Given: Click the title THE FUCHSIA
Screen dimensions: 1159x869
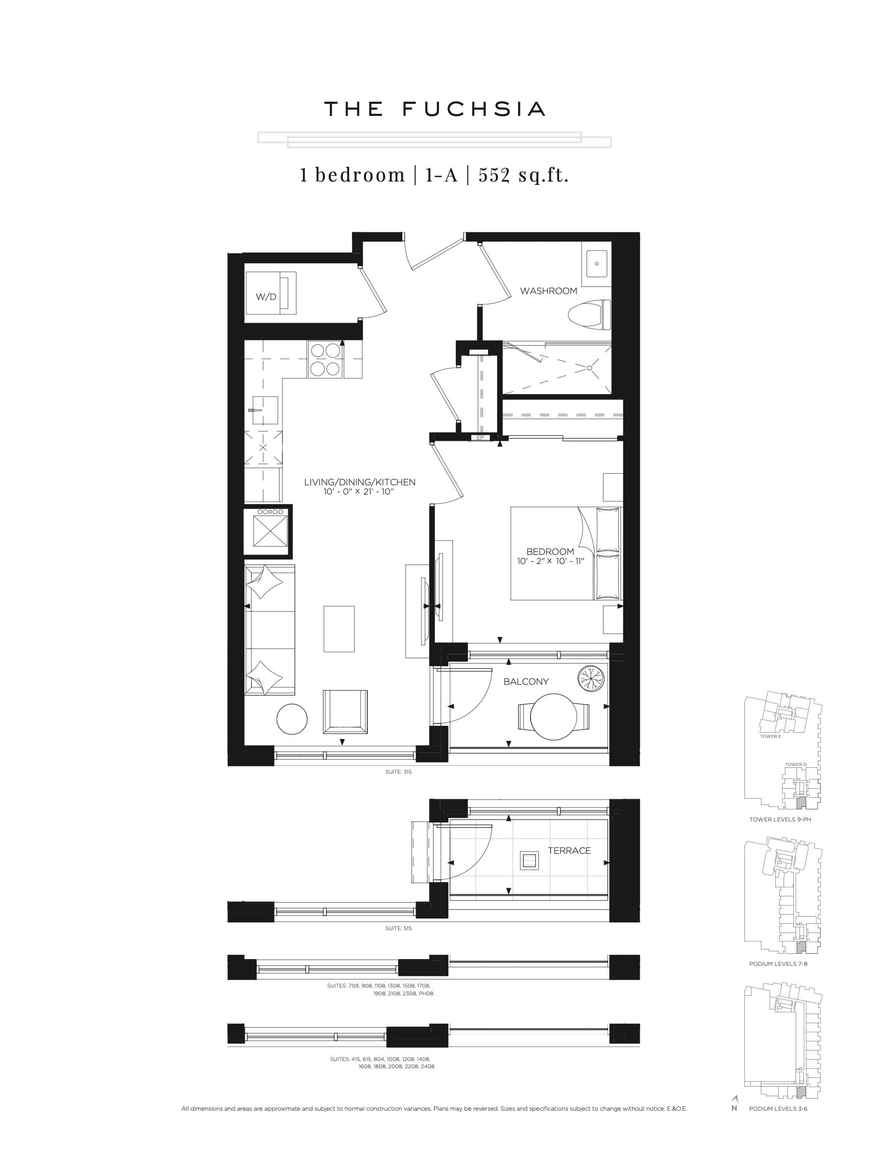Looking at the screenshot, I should (x=434, y=109).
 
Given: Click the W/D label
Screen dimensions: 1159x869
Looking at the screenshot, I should (x=266, y=297).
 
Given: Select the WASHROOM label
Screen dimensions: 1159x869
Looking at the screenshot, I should (x=548, y=291).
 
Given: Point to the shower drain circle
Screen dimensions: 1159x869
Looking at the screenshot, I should (x=589, y=368).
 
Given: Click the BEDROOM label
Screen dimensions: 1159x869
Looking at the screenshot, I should (x=550, y=551).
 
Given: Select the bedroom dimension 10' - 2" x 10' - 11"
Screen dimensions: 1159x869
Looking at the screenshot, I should (x=550, y=561).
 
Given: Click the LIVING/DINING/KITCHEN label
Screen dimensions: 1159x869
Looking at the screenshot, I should (x=359, y=482).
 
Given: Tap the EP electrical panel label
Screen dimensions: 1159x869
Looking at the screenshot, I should (x=480, y=438).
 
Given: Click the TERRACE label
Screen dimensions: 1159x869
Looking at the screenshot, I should (x=569, y=850).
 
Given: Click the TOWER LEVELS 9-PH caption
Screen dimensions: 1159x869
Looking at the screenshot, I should (x=779, y=819).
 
